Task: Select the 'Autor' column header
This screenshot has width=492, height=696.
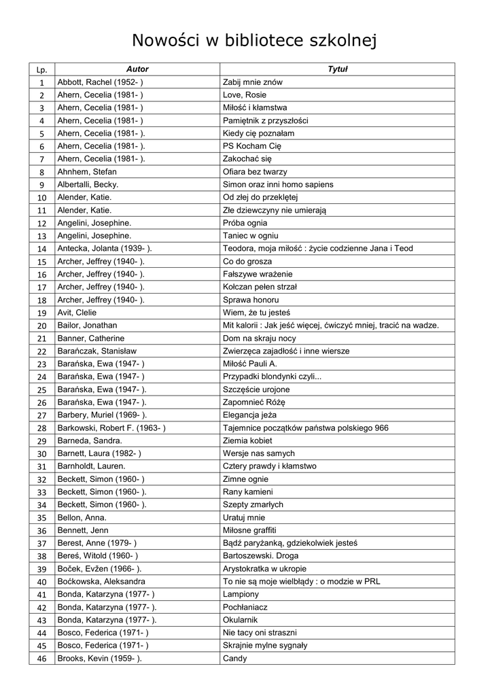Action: (x=137, y=69)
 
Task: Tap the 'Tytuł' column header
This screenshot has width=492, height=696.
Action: (x=337, y=69)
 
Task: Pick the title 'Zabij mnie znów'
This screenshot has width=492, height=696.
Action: (x=253, y=82)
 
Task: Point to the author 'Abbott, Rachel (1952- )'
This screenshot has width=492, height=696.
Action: (x=101, y=82)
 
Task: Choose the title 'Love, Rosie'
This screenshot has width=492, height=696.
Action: (x=245, y=95)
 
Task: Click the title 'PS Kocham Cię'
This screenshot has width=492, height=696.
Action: (x=252, y=146)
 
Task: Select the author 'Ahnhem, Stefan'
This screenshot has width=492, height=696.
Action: (x=87, y=171)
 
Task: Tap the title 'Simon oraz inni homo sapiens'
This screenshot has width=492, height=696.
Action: (x=278, y=184)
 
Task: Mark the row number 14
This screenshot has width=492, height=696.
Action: (x=41, y=249)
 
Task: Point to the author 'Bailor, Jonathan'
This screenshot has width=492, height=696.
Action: (x=88, y=326)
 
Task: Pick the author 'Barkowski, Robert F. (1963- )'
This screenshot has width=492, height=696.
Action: (x=111, y=428)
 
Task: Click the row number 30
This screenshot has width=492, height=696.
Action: (x=41, y=454)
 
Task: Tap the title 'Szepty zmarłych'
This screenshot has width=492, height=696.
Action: (x=253, y=505)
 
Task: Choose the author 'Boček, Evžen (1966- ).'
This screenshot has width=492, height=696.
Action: (x=101, y=569)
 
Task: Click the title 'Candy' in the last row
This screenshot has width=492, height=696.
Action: (x=234, y=659)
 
